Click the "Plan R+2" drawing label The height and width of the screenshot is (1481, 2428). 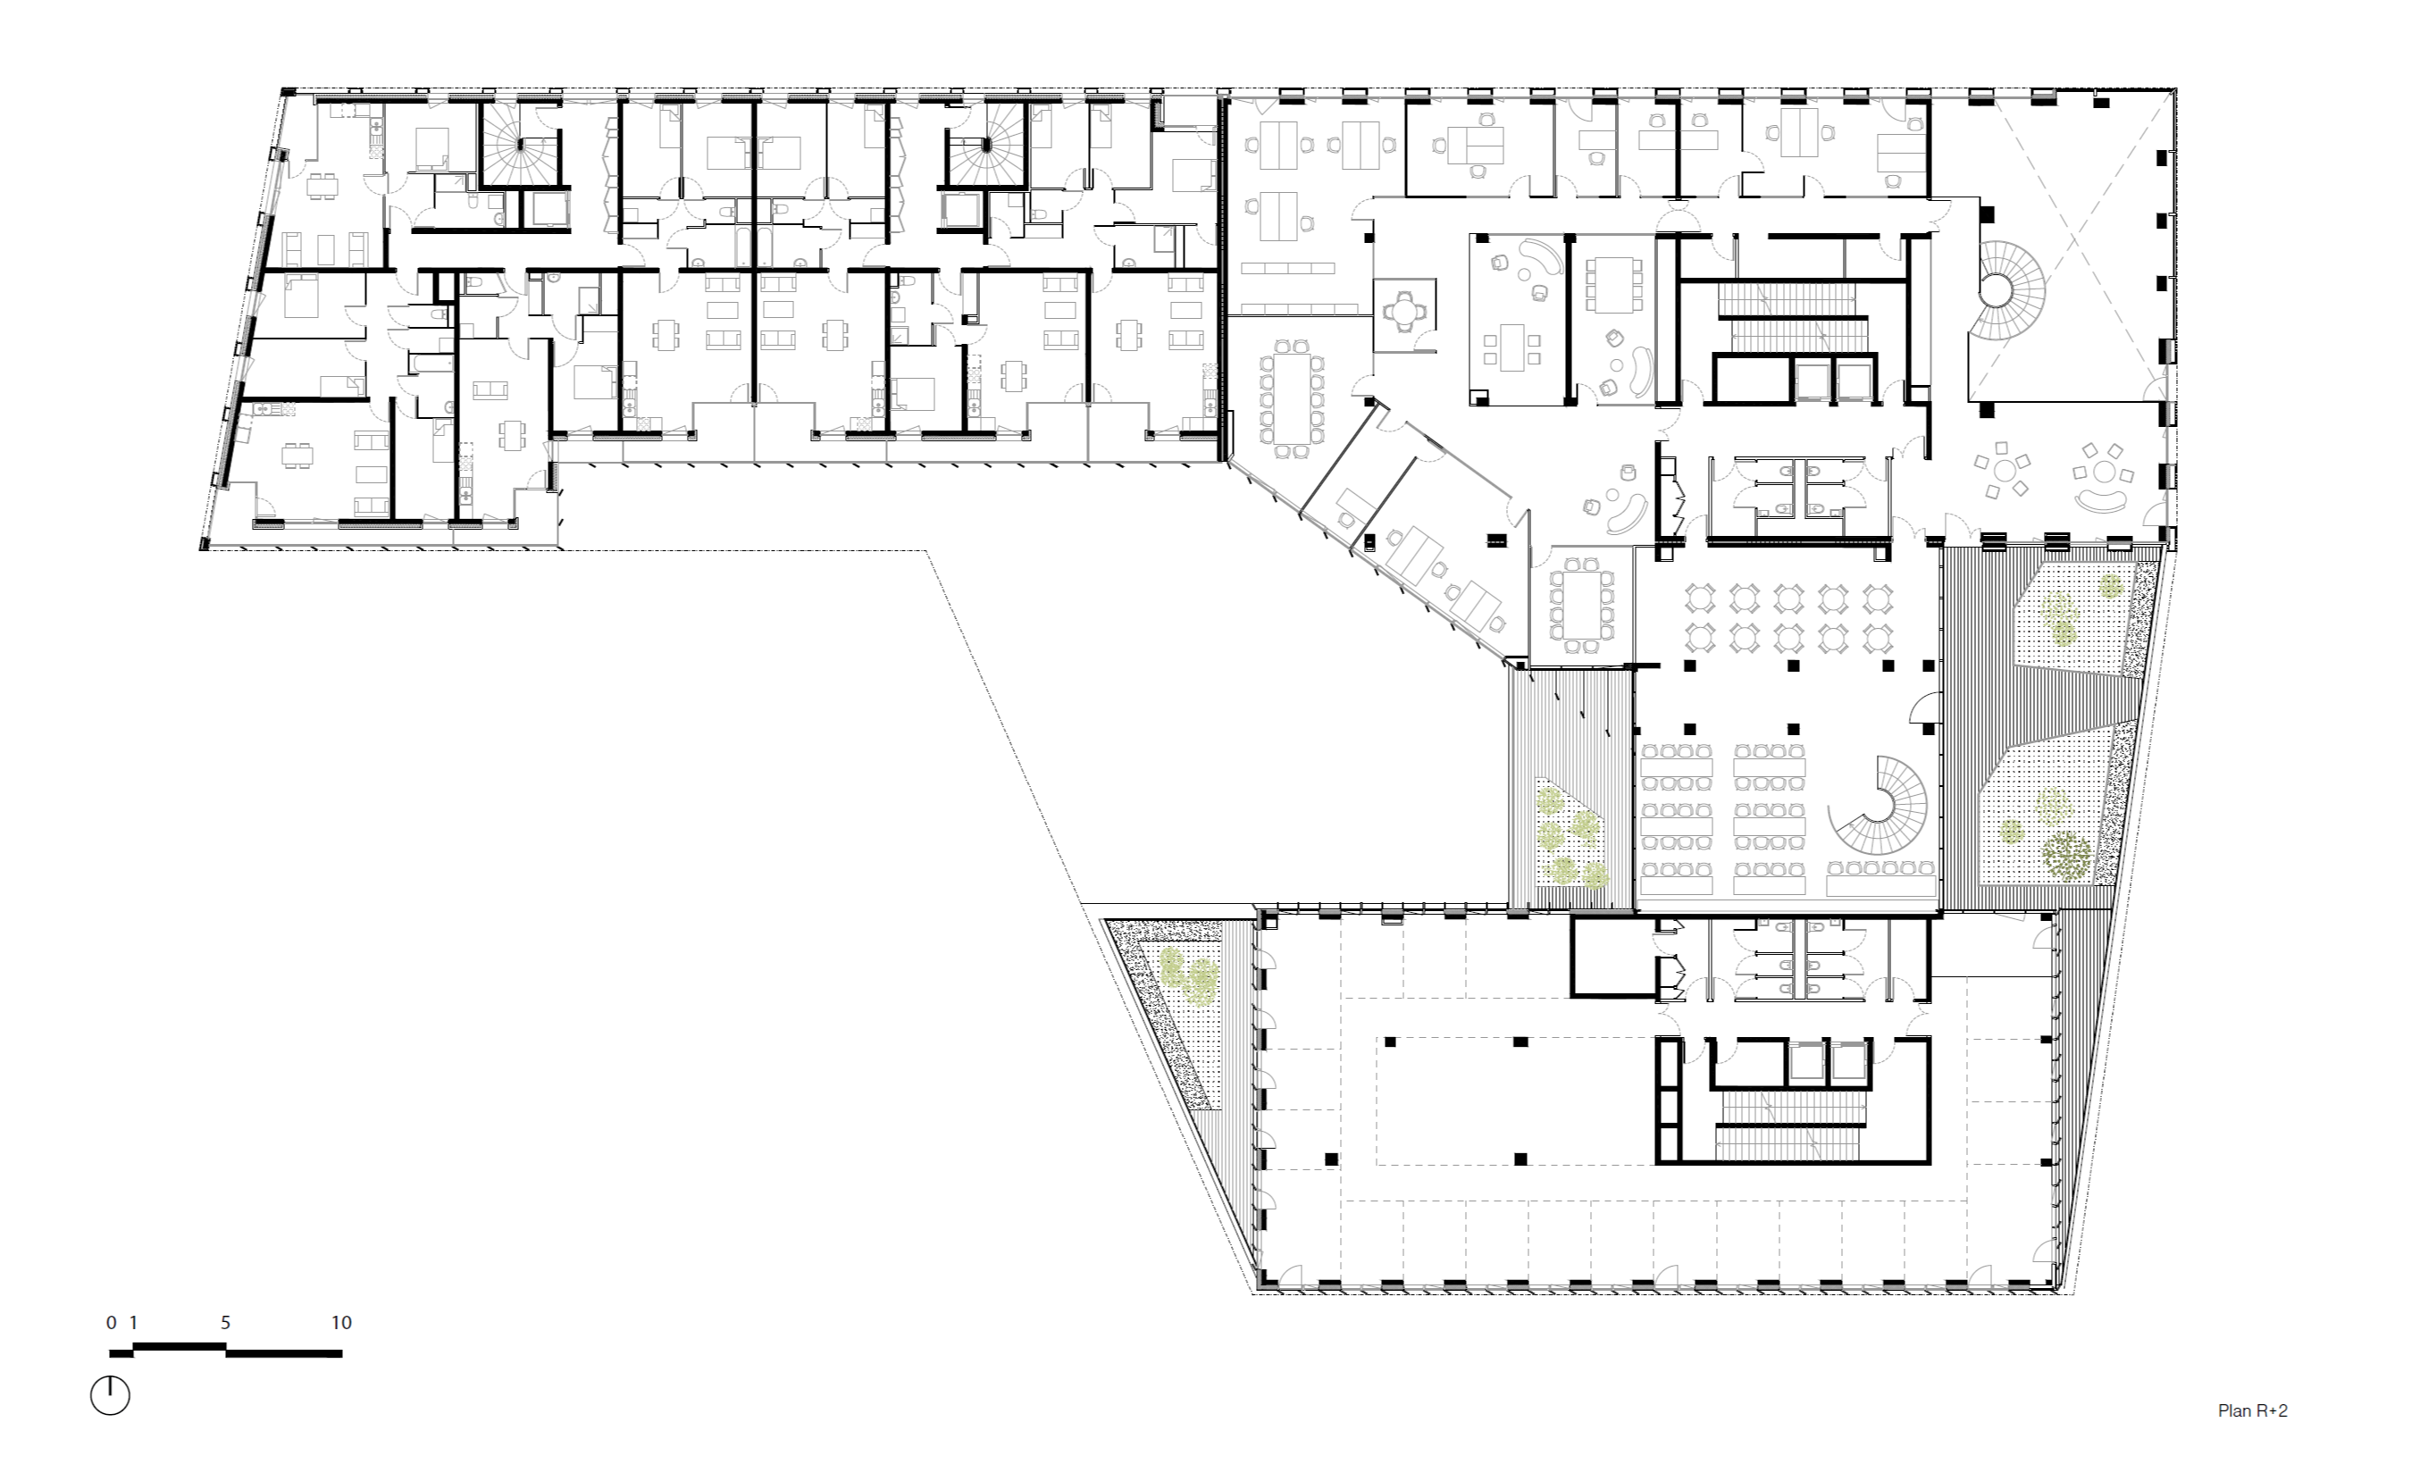point(2252,1411)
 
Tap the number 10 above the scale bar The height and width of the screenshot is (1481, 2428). point(341,1323)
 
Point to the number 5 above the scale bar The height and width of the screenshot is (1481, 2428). point(226,1323)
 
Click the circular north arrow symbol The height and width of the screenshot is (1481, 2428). point(111,1394)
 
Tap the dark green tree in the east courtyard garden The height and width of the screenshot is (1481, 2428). point(2067,854)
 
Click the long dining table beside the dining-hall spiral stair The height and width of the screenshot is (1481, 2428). point(1881,868)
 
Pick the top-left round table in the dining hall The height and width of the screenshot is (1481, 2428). point(1701,598)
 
